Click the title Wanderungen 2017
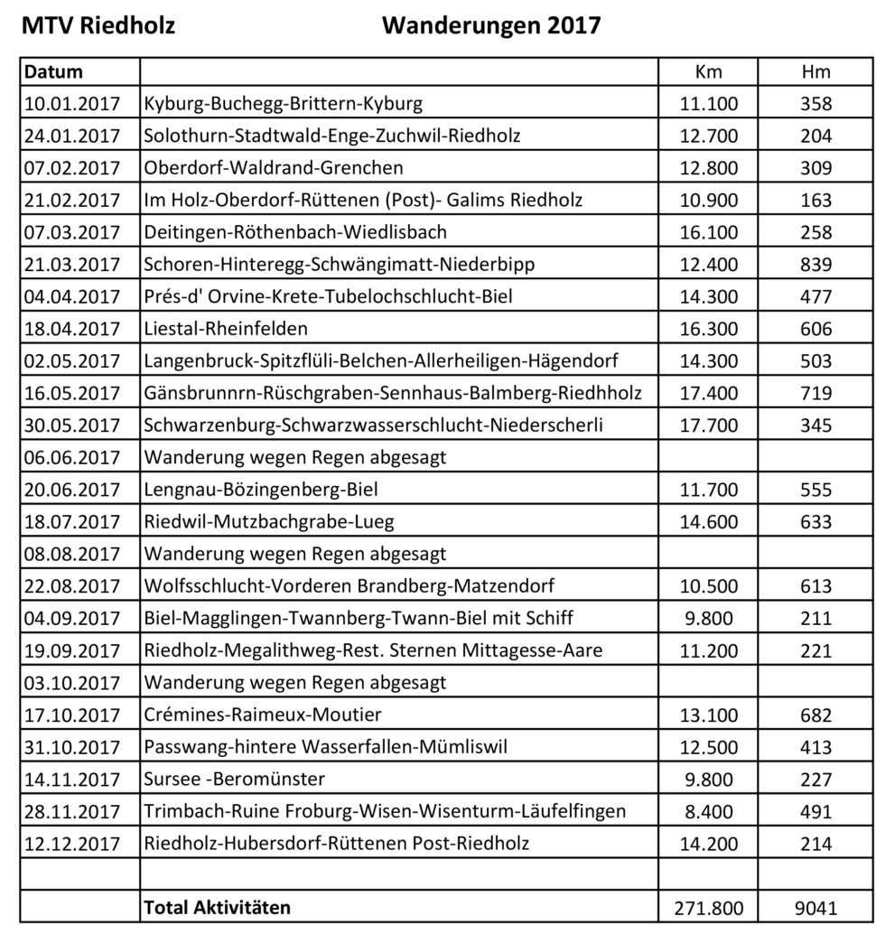(x=490, y=24)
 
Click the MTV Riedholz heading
(x=98, y=24)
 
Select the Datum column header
(x=52, y=72)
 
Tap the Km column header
(x=709, y=72)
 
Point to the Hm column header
(x=815, y=72)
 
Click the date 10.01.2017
(x=71, y=104)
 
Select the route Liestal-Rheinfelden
(x=226, y=330)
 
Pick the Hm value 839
(x=815, y=265)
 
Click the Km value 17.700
(x=709, y=425)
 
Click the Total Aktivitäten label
(x=217, y=906)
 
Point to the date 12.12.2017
(x=71, y=844)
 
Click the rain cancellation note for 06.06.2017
(x=295, y=458)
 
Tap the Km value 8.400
(x=709, y=811)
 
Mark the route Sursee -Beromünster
(x=235, y=780)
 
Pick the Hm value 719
(x=815, y=394)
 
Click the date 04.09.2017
(x=71, y=619)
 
